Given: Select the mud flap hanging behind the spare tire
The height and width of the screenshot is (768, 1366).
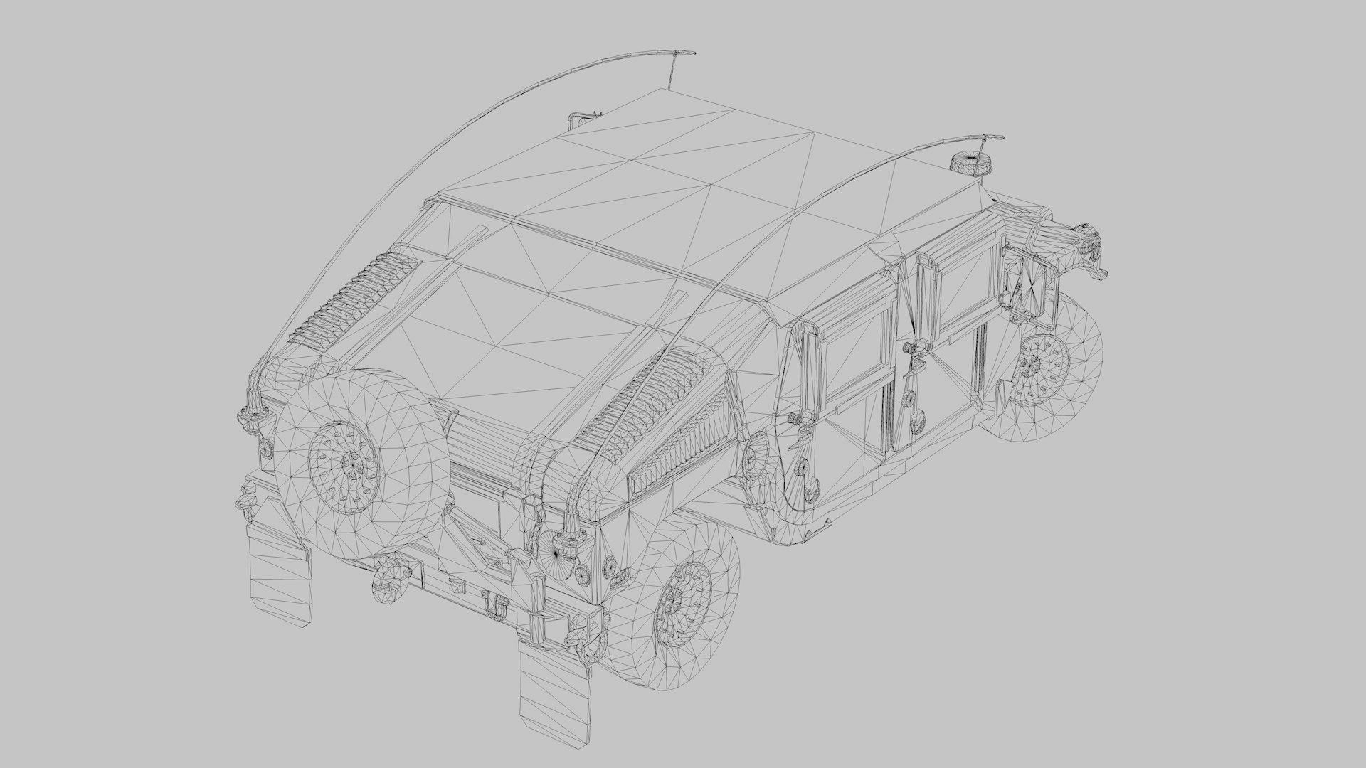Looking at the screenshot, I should [x=281, y=576].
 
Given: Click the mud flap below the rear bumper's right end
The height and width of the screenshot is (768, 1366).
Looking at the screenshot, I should [x=555, y=686].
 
